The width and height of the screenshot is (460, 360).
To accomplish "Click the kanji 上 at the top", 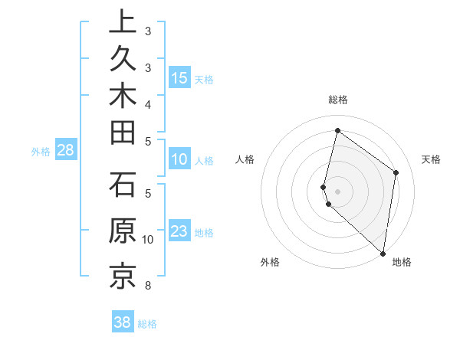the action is click(x=122, y=21).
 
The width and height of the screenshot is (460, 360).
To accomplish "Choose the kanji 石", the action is click(x=122, y=187).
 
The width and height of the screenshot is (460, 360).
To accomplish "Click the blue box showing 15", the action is click(x=179, y=77).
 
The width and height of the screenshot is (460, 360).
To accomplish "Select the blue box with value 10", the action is click(x=179, y=160).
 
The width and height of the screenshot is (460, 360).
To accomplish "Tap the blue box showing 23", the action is click(x=179, y=231).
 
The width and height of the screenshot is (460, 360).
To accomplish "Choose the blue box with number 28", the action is click(x=65, y=151).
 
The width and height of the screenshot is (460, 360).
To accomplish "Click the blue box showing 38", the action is click(x=123, y=322).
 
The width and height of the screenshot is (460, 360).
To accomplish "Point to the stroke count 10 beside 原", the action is click(x=148, y=240).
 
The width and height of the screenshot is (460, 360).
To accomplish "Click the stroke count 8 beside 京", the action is click(x=147, y=286).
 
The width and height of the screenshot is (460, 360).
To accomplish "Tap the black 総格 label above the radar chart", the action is click(x=337, y=100).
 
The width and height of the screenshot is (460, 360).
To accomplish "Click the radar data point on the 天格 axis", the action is click(x=396, y=172).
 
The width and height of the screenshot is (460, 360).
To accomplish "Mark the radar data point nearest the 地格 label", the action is click(x=383, y=254).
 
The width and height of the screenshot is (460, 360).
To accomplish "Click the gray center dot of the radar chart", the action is click(x=337, y=190).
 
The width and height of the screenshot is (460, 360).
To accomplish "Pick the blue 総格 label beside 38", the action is click(x=147, y=323).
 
